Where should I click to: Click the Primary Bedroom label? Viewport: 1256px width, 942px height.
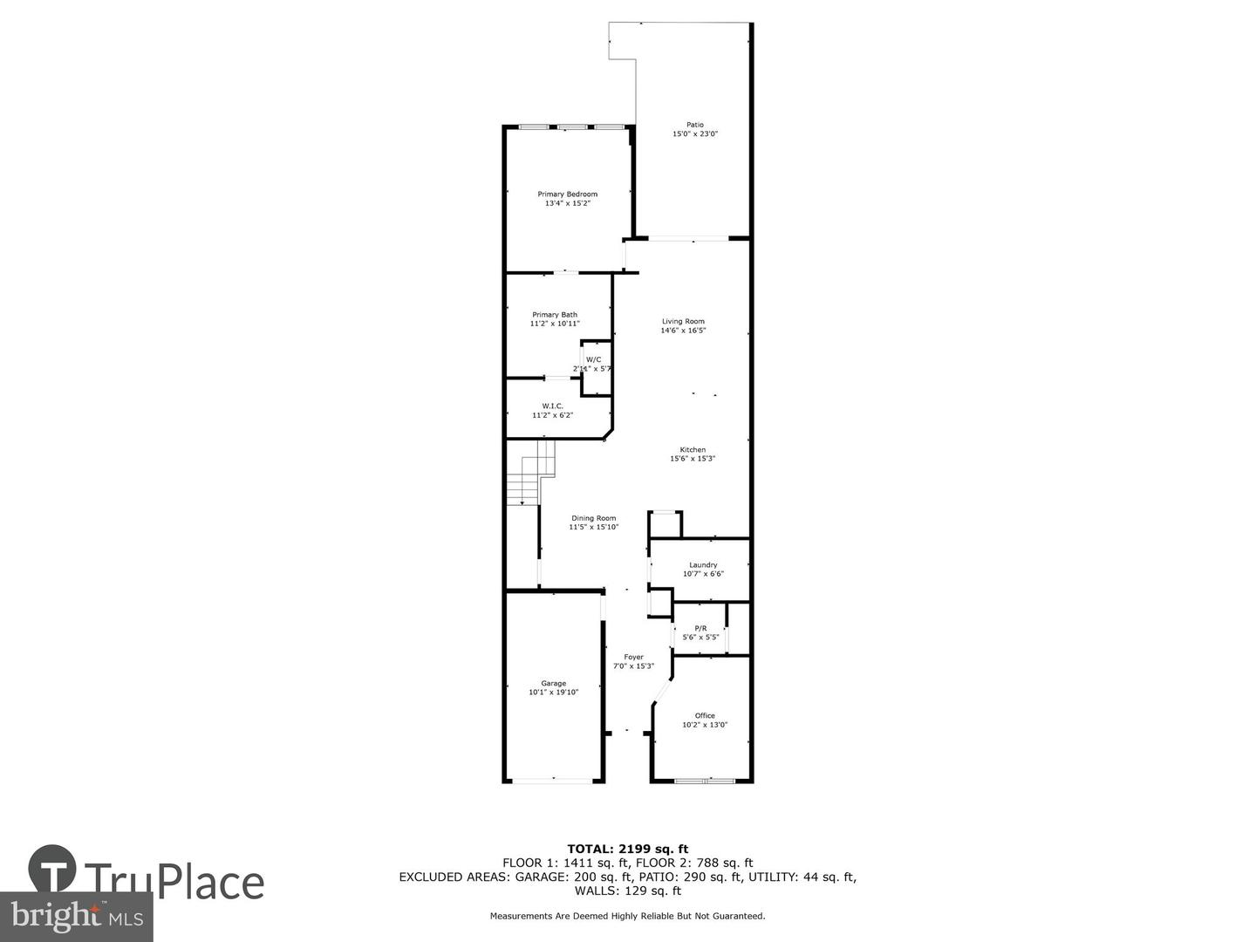pos(567,194)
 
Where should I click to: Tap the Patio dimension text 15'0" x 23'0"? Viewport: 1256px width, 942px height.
pos(694,134)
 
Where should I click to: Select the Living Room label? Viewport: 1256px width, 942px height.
pos(682,321)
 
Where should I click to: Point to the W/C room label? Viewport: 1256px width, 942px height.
pos(593,359)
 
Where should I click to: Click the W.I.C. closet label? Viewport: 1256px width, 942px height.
pos(552,406)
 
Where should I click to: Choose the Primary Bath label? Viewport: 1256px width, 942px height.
pos(555,315)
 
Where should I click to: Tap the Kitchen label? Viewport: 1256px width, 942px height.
pos(693,450)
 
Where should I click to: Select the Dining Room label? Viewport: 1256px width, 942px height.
pos(593,518)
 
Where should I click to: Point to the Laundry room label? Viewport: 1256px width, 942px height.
pos(703,565)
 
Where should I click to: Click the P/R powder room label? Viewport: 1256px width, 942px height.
pos(700,628)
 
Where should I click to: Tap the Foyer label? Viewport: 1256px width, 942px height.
pos(633,657)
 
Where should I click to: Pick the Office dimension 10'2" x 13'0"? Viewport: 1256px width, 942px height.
pos(705,725)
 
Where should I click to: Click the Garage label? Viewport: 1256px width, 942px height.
pos(553,683)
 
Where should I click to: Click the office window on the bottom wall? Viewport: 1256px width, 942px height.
pos(705,781)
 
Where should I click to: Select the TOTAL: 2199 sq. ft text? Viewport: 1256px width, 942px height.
pos(627,849)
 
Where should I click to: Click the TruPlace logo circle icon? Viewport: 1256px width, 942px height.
pos(51,868)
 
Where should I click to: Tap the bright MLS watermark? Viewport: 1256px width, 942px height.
pos(76,916)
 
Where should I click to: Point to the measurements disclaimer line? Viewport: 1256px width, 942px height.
pos(627,916)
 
